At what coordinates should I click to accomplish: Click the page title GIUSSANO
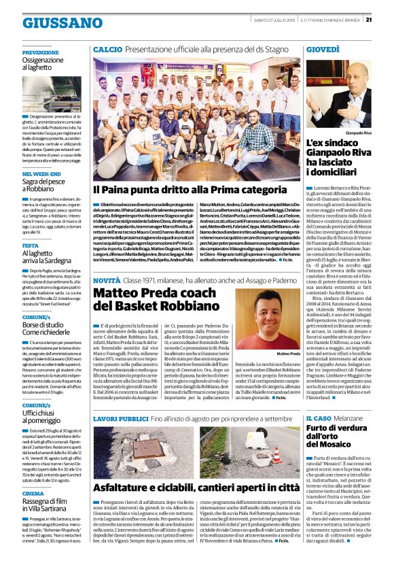(52, 22)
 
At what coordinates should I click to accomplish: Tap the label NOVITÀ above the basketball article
(106, 280)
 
